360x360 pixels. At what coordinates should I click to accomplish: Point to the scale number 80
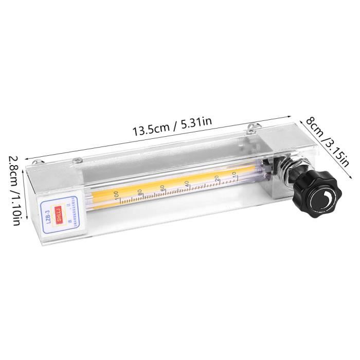[x=139, y=192]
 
